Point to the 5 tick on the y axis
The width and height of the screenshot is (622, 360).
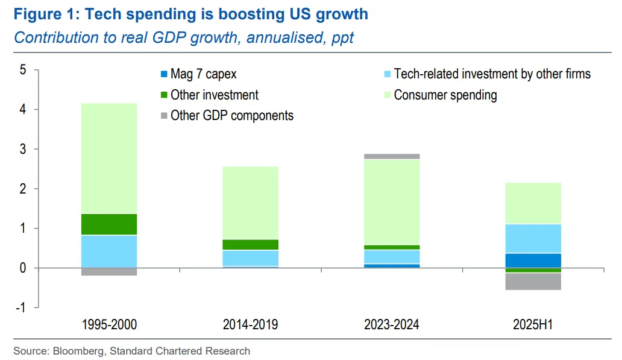click(23, 70)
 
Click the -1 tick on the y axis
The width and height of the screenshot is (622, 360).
click(21, 308)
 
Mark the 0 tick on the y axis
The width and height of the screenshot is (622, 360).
click(23, 268)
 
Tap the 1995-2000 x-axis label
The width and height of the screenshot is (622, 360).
click(109, 325)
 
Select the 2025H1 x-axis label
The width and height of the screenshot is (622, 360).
click(533, 325)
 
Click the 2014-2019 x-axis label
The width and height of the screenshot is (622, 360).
click(250, 325)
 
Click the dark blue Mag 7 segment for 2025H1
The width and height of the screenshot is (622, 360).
click(533, 261)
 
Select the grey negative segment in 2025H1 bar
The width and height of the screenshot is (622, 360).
click(533, 281)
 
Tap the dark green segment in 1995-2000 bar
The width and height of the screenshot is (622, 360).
click(109, 224)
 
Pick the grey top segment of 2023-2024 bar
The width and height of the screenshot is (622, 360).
click(392, 156)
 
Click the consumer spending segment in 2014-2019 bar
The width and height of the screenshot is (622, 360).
click(250, 203)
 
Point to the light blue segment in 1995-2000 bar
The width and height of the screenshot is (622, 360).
click(109, 251)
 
